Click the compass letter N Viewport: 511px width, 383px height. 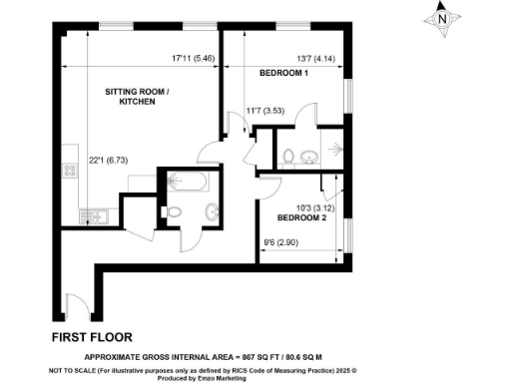[x=443, y=17]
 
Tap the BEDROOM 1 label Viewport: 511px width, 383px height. [x=283, y=74]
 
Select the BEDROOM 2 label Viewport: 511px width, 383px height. [x=300, y=217]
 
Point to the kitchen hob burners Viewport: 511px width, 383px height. [x=70, y=170]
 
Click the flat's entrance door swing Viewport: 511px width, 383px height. [x=72, y=303]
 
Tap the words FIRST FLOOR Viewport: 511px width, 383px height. [x=92, y=336]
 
